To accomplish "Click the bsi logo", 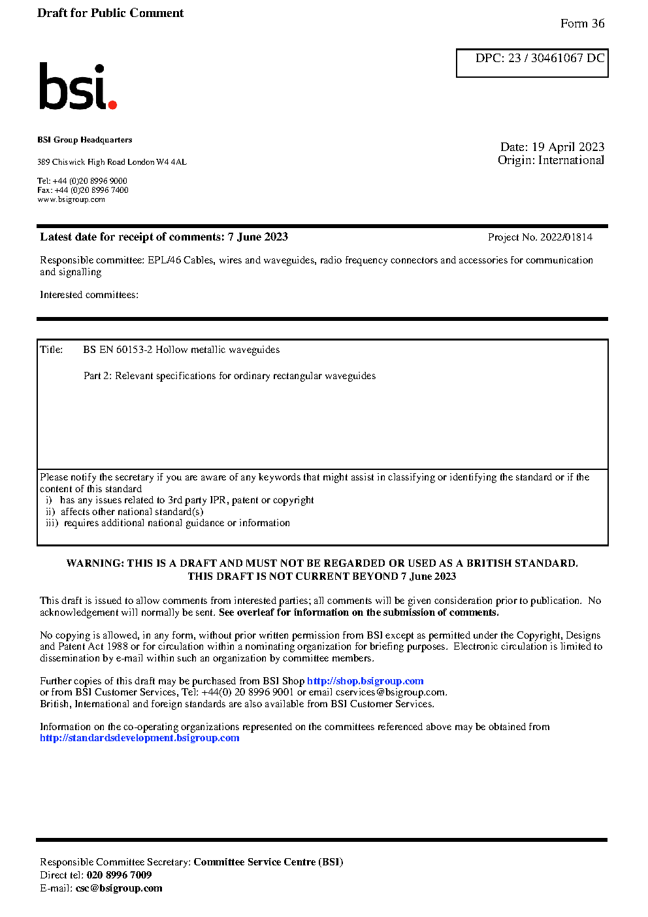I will point(77,86).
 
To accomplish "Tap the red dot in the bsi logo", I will point(112,104).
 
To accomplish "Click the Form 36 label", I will point(582,24).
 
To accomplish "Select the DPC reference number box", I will point(532,63).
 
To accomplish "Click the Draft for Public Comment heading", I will point(110,13).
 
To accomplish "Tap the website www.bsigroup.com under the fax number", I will point(71,199).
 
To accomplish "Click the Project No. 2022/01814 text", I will point(540,237).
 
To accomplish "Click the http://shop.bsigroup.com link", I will point(365,681).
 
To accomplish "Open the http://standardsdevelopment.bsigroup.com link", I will point(139,738).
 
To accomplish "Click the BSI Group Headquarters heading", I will point(84,140).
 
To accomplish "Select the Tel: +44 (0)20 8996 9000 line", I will point(82,181).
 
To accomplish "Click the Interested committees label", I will point(89,295).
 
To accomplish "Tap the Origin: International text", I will point(551,160).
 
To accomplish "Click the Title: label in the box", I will point(52,350).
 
